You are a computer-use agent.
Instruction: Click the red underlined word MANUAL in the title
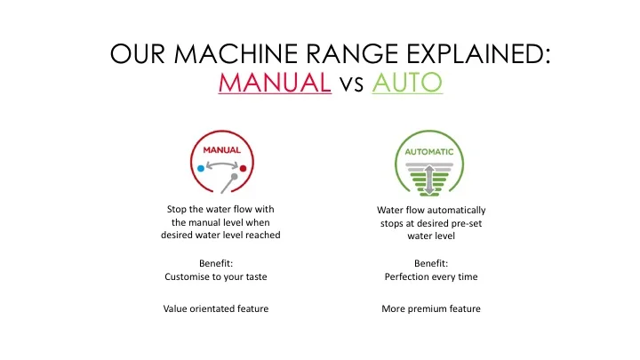275,83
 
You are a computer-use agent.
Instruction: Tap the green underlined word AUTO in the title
407,83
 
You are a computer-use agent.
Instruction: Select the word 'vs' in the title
351,85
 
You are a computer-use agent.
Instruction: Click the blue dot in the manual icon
201,168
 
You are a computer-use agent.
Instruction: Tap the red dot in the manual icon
244,168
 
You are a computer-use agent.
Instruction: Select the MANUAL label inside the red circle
222,150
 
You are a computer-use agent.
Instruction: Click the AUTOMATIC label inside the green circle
429,152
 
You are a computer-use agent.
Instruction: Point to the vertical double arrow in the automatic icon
429,180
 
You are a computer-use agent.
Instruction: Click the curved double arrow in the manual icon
222,164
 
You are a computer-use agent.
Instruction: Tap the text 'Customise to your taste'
216,276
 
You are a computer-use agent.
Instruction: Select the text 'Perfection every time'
431,276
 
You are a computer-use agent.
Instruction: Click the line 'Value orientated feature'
216,308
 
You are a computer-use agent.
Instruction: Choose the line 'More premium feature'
431,308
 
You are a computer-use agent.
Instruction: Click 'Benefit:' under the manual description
216,263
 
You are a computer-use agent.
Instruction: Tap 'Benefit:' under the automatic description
431,263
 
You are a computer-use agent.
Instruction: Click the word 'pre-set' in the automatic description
468,224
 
